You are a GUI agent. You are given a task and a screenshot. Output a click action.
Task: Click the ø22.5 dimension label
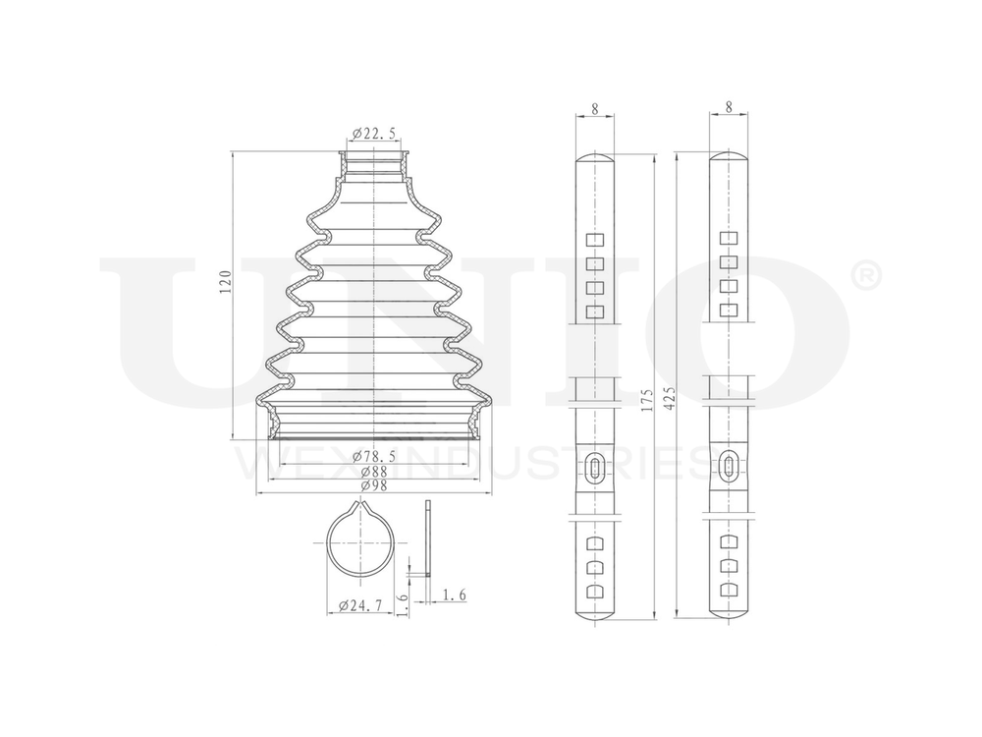pos(373,134)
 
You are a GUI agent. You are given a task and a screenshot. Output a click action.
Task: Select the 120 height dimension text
pos(224,285)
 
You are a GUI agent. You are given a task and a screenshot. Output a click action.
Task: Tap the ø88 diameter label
pos(373,471)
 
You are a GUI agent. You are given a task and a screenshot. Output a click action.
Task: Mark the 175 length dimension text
pos(644,405)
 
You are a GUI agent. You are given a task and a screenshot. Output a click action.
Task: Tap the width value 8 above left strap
pos(595,109)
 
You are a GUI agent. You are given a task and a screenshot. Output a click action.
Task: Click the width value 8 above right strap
pos(728,109)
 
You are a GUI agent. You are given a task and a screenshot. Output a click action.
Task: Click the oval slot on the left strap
pos(594,467)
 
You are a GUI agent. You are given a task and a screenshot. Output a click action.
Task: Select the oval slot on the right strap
pos(728,467)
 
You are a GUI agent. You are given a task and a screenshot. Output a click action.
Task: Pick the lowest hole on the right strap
pos(728,591)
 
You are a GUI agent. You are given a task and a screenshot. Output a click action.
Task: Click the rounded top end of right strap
pos(728,157)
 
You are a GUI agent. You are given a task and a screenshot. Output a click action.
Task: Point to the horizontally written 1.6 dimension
pos(454,594)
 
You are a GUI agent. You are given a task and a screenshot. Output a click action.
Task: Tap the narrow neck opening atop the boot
pos(373,154)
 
